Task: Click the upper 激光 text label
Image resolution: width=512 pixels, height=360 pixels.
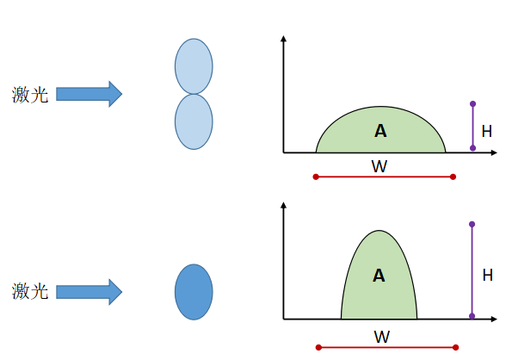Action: tap(30, 95)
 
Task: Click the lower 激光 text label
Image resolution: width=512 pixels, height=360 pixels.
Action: tap(30, 291)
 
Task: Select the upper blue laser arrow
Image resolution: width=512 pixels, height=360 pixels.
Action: tap(89, 94)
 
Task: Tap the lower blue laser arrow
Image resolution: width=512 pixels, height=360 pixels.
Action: tap(89, 292)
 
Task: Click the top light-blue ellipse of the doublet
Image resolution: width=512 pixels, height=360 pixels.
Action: tap(194, 66)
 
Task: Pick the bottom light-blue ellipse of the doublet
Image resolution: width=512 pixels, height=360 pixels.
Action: tap(194, 121)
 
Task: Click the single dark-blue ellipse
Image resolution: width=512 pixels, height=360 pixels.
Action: tap(194, 292)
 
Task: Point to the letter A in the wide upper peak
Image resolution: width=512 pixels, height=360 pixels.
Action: tap(380, 131)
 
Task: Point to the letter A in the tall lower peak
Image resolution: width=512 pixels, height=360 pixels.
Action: tap(379, 276)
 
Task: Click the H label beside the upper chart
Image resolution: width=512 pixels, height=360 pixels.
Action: tap(487, 131)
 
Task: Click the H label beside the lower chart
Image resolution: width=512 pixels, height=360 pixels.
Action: tap(488, 275)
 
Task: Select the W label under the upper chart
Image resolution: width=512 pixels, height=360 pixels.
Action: tap(379, 166)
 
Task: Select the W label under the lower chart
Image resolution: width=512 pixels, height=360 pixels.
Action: tap(382, 337)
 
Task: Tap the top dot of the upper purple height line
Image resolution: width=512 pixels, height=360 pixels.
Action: tap(472, 104)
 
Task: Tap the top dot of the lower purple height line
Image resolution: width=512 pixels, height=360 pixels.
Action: tap(472, 224)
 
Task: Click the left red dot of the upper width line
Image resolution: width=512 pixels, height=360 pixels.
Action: tap(316, 177)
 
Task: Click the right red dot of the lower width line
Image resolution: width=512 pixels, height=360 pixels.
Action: tap(456, 347)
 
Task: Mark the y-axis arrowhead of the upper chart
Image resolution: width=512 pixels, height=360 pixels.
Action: tap(283, 39)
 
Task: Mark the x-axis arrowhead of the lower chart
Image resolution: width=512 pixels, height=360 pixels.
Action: tap(494, 319)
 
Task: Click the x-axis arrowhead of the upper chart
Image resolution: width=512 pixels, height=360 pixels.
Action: tap(494, 152)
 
